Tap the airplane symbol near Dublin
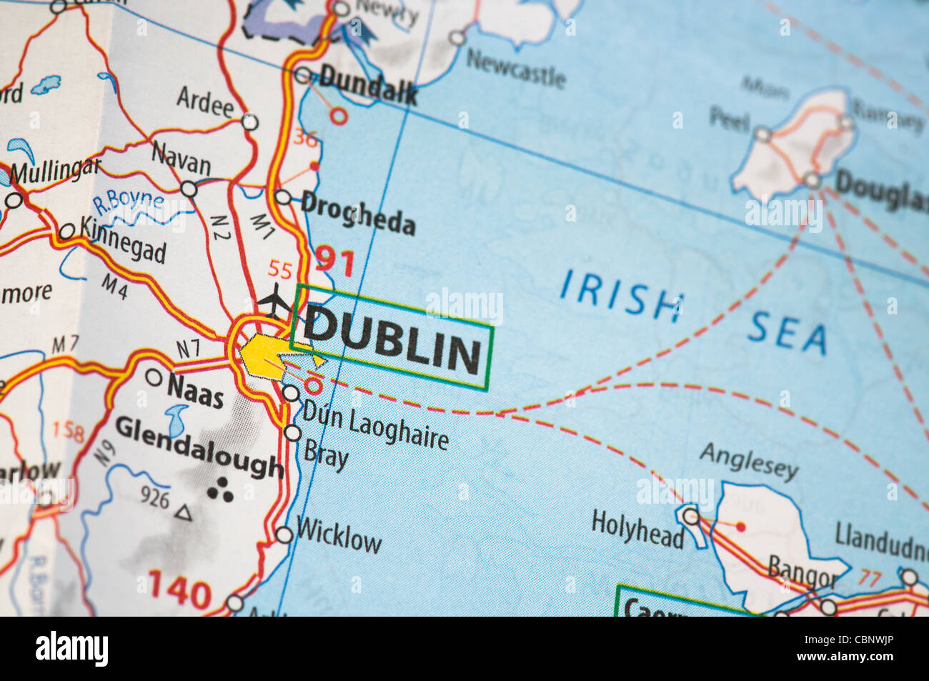pyautogui.click(x=274, y=302)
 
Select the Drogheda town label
pyautogui.click(x=358, y=212)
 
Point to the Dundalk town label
pyautogui.click(x=367, y=85)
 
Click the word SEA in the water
pyautogui.click(x=788, y=334)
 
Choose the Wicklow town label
pyautogui.click(x=339, y=536)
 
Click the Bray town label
pyautogui.click(x=326, y=454)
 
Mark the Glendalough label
pyautogui.click(x=199, y=446)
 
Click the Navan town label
pyautogui.click(x=181, y=159)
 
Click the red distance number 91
pyautogui.click(x=335, y=261)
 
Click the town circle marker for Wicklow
pyautogui.click(x=284, y=535)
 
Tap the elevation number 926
pyautogui.click(x=154, y=497)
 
